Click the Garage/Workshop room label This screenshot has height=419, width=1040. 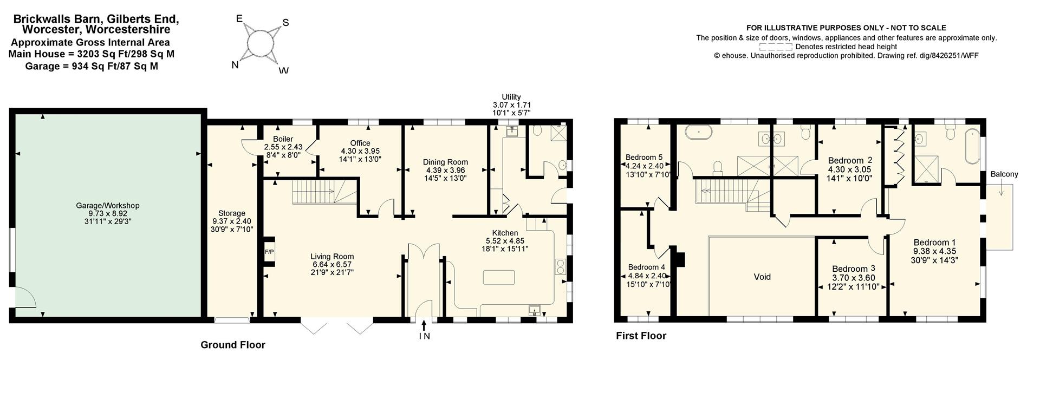coord(107,206)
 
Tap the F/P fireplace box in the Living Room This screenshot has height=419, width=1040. coord(269,252)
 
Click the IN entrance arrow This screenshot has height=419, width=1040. coord(424,325)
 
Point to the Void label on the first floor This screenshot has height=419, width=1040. coord(762,277)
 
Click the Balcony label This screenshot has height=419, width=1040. coord(1004,174)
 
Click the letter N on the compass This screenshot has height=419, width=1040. coord(235,65)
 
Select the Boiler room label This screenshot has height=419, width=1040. coord(283,139)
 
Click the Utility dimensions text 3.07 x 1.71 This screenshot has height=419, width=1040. coord(511,105)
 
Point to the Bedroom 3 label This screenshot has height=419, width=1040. coord(853,269)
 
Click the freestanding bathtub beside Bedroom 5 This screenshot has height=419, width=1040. coord(699,131)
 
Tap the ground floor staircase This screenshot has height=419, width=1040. coord(314,193)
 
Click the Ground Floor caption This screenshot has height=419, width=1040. coord(233,345)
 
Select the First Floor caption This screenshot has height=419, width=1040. coord(641,336)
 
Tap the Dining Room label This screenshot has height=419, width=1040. coord(445,162)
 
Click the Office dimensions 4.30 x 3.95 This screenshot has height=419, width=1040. coord(360,151)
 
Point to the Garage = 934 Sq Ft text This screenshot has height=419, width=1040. coord(92,66)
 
